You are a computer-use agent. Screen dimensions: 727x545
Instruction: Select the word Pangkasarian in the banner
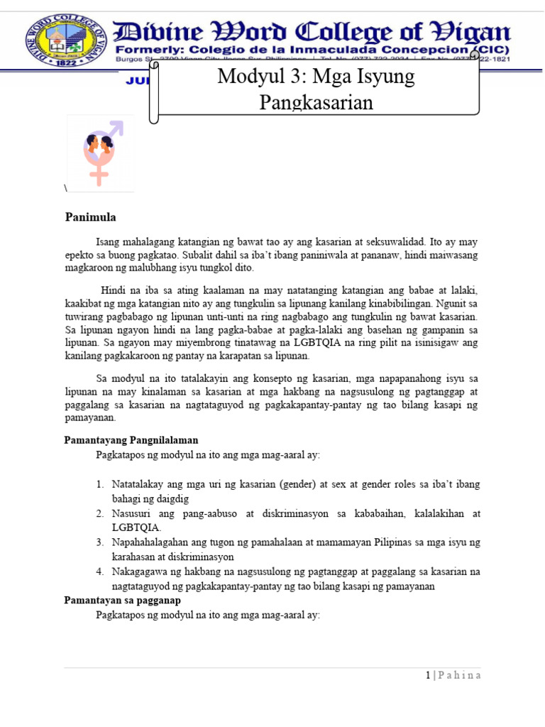[316, 102]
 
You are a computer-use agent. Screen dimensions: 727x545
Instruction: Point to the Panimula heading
[90, 217]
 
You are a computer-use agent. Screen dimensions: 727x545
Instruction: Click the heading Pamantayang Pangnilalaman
[131, 441]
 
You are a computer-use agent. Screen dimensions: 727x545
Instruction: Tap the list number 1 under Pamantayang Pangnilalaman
[100, 484]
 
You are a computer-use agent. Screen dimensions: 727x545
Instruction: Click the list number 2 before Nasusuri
[100, 513]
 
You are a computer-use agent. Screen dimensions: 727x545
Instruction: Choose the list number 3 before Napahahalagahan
[100, 542]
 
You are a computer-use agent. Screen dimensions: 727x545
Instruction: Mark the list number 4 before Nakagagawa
[100, 572]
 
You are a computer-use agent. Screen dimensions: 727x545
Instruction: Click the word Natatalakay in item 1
[141, 484]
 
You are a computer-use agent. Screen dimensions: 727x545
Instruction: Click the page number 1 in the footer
[428, 675]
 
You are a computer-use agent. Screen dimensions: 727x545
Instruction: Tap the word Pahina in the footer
[460, 675]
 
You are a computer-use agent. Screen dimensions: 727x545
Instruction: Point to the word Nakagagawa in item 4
[141, 572]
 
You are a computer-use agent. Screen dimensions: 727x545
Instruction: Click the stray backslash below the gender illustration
[65, 188]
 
